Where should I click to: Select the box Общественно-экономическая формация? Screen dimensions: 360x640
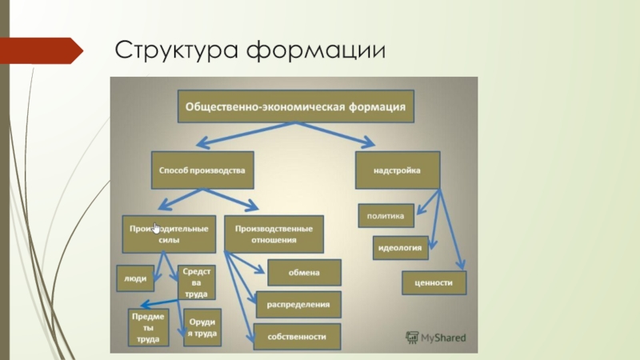point(295,106)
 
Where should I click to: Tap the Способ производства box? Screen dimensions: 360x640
point(202,170)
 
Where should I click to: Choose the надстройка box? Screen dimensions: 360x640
point(397,170)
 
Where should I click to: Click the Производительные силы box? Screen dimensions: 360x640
point(169,234)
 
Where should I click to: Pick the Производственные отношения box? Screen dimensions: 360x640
point(274,234)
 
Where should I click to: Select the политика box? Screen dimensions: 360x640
point(385,215)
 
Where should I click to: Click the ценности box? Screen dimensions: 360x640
point(434,283)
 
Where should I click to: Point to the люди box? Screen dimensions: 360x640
point(135,279)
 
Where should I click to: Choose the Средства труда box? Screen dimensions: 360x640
point(195,283)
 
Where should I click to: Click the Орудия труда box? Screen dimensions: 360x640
point(202,328)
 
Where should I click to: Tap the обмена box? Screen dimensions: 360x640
point(304,273)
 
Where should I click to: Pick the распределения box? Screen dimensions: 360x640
point(298,305)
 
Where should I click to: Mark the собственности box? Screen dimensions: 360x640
point(297,337)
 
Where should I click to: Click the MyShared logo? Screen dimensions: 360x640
point(435,337)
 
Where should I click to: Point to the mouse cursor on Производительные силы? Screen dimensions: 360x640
point(157,228)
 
